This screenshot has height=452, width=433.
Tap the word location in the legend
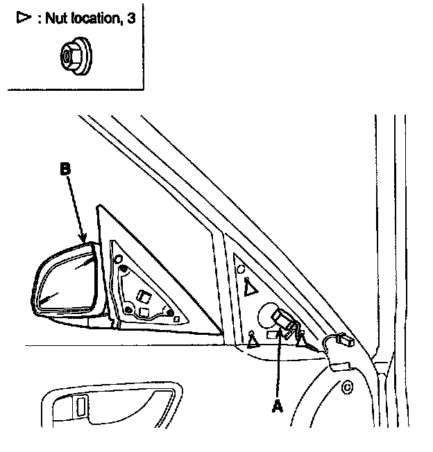[92, 18]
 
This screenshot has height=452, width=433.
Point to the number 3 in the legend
[130, 18]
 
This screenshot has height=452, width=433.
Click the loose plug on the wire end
[345, 340]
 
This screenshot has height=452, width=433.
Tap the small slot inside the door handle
[82, 406]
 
